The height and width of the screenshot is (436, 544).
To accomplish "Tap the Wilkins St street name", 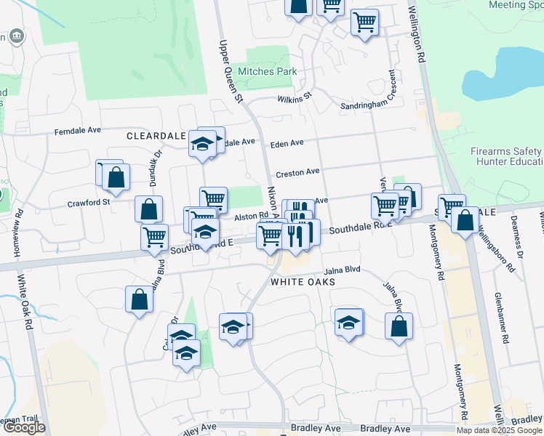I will point(294,97).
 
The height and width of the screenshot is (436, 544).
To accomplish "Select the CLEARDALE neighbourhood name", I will point(156,136).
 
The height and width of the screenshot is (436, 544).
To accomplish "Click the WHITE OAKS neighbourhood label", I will point(303,281).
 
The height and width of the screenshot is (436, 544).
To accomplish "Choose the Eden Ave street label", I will point(287,144).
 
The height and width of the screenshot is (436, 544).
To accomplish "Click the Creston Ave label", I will point(297,172).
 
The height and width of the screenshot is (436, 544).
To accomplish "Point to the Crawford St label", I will point(89,203).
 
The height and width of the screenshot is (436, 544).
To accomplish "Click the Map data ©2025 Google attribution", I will point(498,429).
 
